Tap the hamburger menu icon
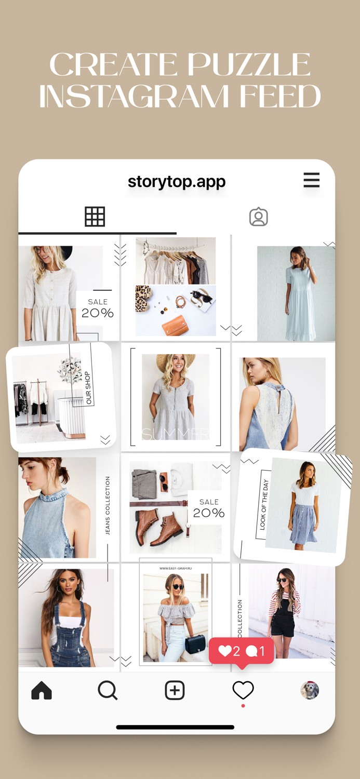[x=311, y=180]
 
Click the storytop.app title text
[x=177, y=182]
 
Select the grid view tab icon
[x=95, y=217]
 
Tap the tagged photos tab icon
[x=258, y=217]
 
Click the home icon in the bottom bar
[x=42, y=691]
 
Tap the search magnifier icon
[x=108, y=691]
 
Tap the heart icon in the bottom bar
[x=243, y=690]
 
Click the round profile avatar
[x=310, y=690]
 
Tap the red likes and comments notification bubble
[x=242, y=651]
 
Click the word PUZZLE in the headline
[x=249, y=65]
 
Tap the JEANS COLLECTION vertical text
[x=108, y=505]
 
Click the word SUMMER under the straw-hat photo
[x=175, y=434]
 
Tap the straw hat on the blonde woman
[x=176, y=361]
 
